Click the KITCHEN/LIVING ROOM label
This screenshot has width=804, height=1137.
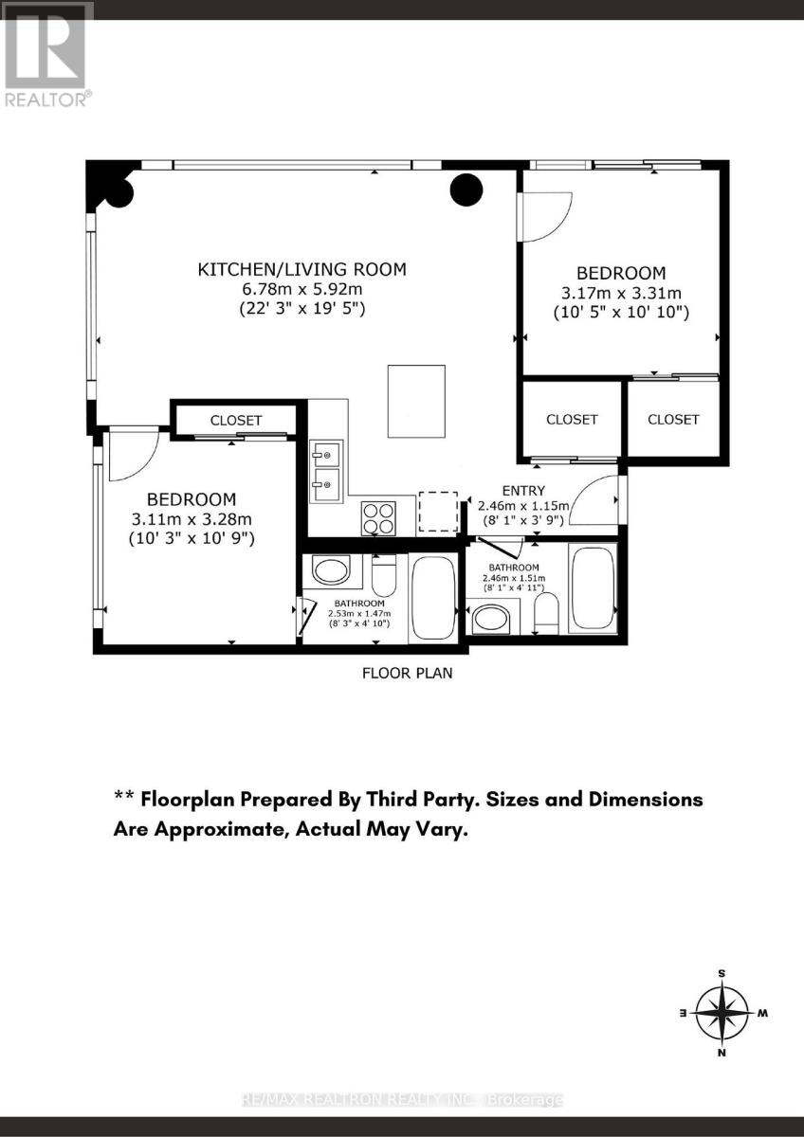301,269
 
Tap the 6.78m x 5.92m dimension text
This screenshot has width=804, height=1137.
301,289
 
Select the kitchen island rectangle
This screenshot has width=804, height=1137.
416,401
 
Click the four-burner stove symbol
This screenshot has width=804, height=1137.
378,518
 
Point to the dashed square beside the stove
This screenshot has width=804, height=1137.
438,511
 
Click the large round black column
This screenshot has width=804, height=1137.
466,189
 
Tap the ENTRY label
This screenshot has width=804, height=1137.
523,491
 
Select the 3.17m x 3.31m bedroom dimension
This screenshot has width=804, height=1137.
621,293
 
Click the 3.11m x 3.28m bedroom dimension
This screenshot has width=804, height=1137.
192,519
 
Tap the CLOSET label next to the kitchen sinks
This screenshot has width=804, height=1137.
236,421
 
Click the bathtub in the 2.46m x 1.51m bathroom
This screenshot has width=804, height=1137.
593,587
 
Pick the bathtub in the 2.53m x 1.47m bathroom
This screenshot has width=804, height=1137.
433,599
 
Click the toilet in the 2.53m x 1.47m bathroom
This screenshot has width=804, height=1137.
383,575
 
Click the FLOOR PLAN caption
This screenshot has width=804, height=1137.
408,673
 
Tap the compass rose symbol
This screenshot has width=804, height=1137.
721,1013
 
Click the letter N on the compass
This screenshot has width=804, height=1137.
722,1054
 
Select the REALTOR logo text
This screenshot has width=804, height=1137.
47,99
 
